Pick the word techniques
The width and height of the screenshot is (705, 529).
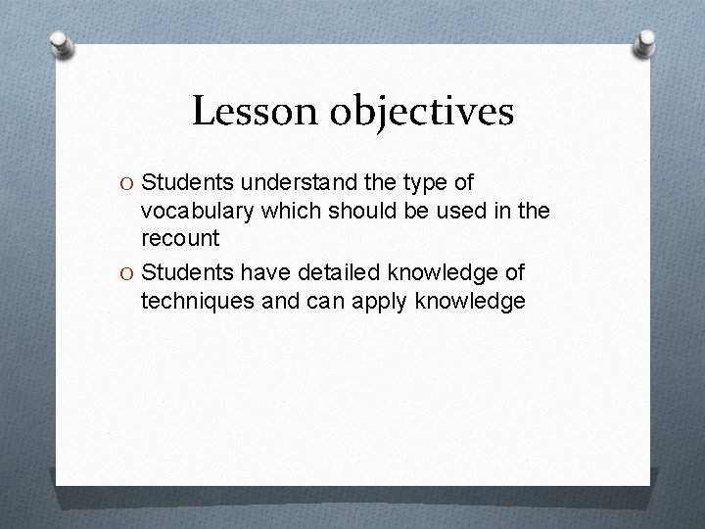click(x=197, y=302)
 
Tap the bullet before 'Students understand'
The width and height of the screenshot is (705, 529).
click(x=126, y=182)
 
